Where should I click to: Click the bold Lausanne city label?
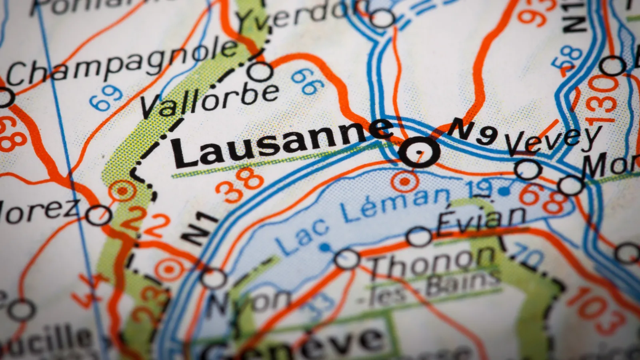coord(280,144)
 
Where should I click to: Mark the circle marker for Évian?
coord(419,237)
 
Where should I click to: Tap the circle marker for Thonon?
coord(347,259)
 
